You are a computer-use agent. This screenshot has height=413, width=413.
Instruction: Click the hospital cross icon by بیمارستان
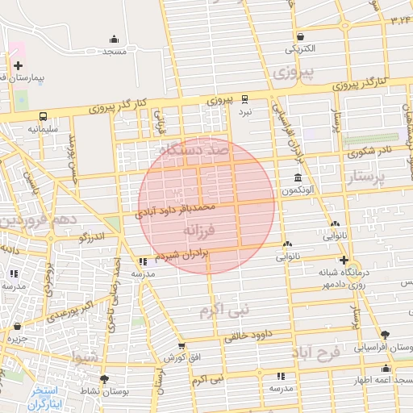(x=18, y=65)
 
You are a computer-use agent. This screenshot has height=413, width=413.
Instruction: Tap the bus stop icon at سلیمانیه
(x=42, y=116)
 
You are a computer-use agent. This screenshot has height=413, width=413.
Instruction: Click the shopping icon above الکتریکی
(x=301, y=36)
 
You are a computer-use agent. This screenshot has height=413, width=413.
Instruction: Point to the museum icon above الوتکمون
(x=298, y=178)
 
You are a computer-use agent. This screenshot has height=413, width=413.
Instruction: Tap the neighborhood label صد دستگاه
(x=194, y=150)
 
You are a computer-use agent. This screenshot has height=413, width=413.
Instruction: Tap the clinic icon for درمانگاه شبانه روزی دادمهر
(x=344, y=260)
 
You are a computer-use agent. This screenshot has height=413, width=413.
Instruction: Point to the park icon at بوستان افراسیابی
(x=385, y=335)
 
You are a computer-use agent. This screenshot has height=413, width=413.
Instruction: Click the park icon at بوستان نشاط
(x=103, y=379)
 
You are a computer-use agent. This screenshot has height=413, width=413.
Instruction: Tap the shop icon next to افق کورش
(x=181, y=346)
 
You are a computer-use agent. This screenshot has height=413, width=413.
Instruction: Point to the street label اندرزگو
(x=92, y=239)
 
